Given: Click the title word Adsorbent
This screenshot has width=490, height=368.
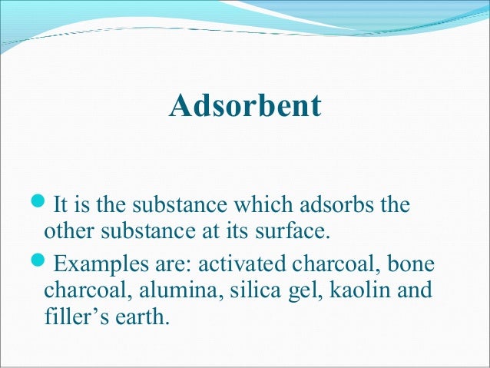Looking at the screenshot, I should (x=245, y=106).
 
